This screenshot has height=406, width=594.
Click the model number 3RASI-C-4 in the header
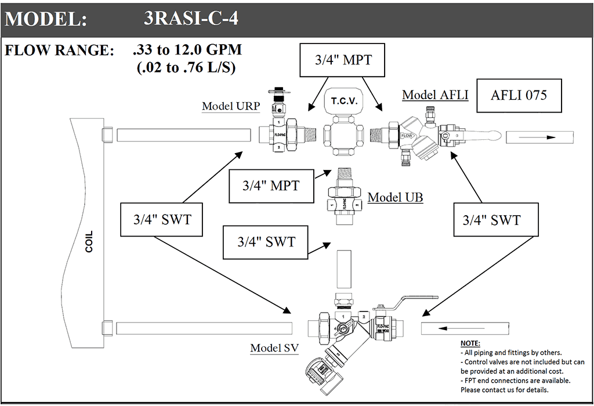tap(191, 19)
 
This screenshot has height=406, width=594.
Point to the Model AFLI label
tap(435, 95)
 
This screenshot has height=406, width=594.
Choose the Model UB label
tap(396, 198)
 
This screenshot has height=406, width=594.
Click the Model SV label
tap(274, 349)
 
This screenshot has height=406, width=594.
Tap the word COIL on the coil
tap(89, 242)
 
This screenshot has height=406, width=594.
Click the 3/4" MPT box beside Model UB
tap(271, 186)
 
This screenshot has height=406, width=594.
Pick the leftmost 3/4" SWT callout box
tap(162, 220)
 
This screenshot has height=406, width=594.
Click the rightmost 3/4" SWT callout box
tap(491, 220)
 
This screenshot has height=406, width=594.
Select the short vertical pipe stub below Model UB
tap(344, 269)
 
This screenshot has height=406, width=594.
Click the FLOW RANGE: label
tap(60, 50)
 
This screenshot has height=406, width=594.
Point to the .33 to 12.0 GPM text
tap(187, 50)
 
